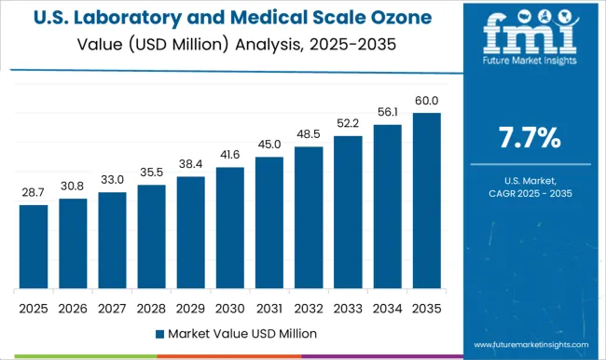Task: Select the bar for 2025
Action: [34, 246]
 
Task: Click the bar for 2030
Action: [229, 228]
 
